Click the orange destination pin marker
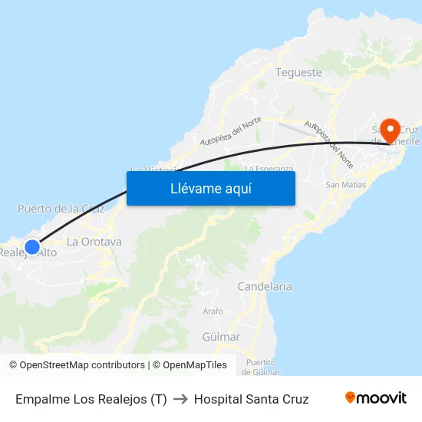[390, 130]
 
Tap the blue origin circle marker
[32, 246]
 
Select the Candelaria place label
[265, 286]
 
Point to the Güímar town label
[221, 336]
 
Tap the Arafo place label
[213, 311]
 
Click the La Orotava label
[94, 241]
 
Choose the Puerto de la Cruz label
[61, 208]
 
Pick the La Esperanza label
[269, 168]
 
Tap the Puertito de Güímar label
[261, 367]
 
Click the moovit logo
[375, 398]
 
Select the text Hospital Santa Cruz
[251, 399]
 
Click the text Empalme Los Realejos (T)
[91, 399]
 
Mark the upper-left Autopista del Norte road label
[230, 131]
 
